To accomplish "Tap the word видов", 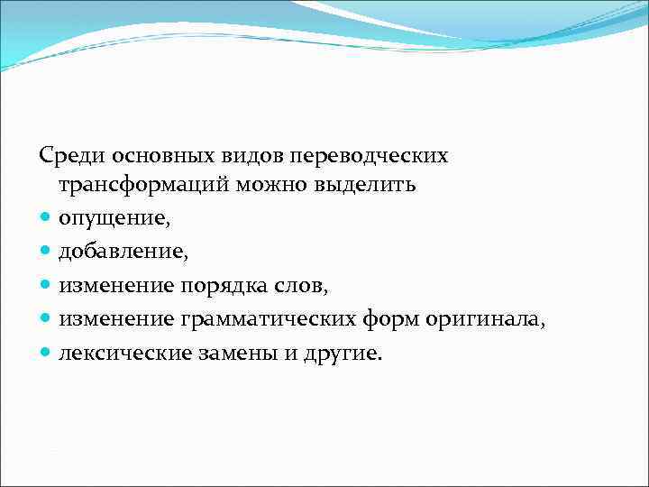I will click(x=230, y=155).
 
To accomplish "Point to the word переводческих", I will click(x=355, y=155).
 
